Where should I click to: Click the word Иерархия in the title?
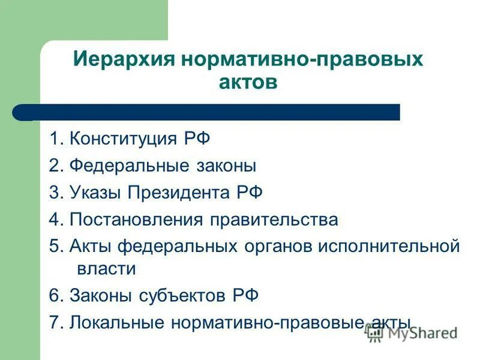tap(116, 60)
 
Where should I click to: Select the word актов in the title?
tap(248, 82)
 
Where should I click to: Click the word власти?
tap(106, 268)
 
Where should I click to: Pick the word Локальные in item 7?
tap(118, 322)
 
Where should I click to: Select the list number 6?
tap(54, 295)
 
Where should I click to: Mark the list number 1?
tap(54, 140)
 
